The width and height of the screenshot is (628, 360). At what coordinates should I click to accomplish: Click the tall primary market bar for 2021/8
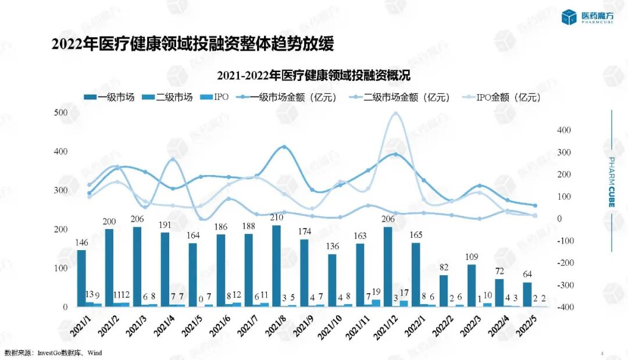click(276, 266)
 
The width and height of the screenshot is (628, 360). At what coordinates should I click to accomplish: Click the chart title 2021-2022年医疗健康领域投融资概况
click(314, 76)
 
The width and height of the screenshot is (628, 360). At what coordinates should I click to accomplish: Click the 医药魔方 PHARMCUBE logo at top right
click(588, 17)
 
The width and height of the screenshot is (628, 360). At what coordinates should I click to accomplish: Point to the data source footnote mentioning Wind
click(49, 353)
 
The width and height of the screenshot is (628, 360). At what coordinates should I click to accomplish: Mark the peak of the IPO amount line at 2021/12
click(395, 113)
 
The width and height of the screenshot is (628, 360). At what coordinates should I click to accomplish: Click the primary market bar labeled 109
click(471, 286)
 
